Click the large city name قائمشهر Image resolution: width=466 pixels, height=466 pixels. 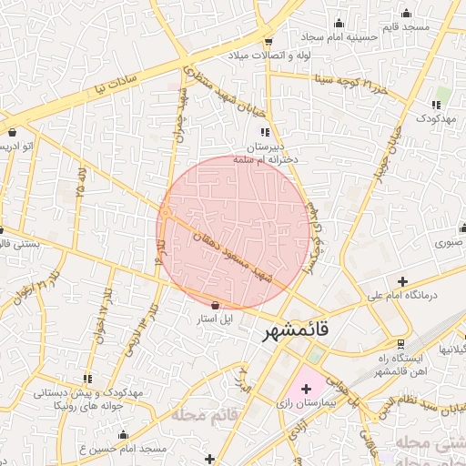[x=297, y=330]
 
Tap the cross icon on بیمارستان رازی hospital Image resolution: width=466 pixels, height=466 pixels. [x=306, y=390]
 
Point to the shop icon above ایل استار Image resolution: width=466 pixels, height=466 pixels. [x=215, y=306]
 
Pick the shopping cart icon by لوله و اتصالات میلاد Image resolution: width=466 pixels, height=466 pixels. [x=268, y=41]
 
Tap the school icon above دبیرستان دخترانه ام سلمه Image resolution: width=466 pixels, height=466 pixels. [x=265, y=132]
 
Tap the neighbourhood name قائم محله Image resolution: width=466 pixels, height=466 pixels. [x=190, y=416]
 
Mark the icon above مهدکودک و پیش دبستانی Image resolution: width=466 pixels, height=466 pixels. [x=87, y=378]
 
